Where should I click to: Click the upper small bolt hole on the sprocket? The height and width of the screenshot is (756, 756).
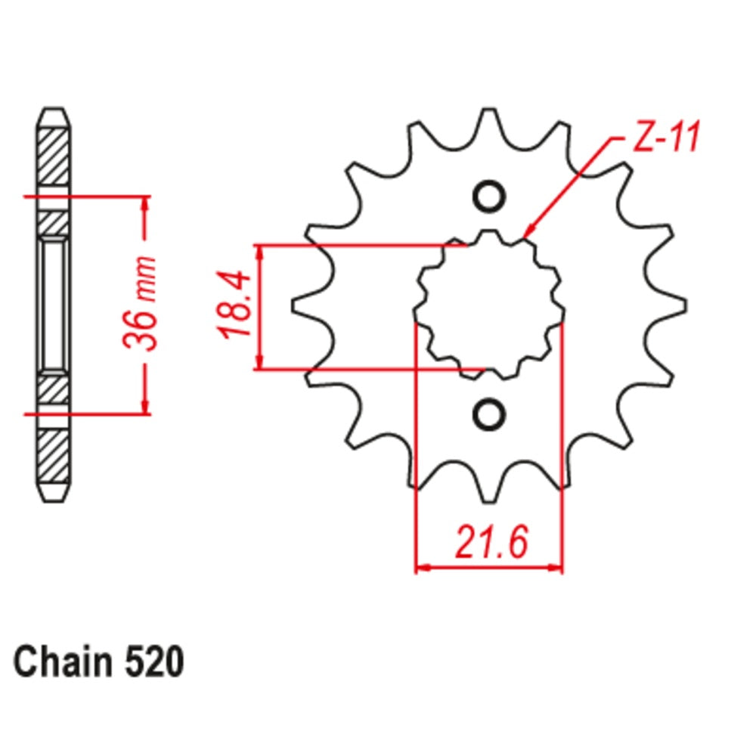tap(488, 197)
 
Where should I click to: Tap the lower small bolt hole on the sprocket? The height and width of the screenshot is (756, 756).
tap(488, 414)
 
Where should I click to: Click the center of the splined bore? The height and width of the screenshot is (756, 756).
tap(488, 305)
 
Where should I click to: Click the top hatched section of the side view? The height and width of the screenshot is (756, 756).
tap(53, 155)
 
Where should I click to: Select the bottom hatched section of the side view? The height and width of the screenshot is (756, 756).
tap(53, 457)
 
